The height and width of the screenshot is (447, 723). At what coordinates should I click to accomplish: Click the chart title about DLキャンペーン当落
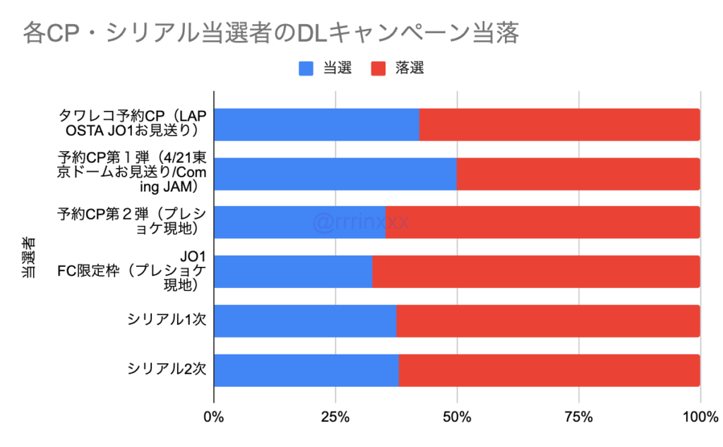pos(271,33)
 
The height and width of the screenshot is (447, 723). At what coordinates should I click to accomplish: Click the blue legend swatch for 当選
pos(306,68)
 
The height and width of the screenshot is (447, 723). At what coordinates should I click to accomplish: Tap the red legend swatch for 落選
pos(378,68)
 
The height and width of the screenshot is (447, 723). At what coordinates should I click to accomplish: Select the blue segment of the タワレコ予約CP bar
pos(316,125)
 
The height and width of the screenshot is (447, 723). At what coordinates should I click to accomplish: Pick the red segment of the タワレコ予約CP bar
pos(559,125)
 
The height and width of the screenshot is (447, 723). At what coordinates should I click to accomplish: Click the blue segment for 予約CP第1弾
pos(335,174)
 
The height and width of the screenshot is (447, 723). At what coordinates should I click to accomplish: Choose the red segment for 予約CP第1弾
pos(578,174)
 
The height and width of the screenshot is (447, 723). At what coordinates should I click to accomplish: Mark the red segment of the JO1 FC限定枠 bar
pos(536,272)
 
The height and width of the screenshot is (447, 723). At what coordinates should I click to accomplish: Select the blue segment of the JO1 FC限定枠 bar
pos(293,272)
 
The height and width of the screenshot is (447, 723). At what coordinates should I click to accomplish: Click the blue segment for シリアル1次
pos(305,321)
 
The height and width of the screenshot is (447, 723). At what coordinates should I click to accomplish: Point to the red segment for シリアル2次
pos(549,371)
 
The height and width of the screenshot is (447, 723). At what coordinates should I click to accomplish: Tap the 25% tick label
pos(335,417)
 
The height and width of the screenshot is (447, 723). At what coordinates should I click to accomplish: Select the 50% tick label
pos(457,417)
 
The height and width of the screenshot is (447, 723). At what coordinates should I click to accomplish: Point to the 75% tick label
pos(578,417)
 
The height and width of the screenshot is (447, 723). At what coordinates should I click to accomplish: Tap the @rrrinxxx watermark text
pos(361,222)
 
